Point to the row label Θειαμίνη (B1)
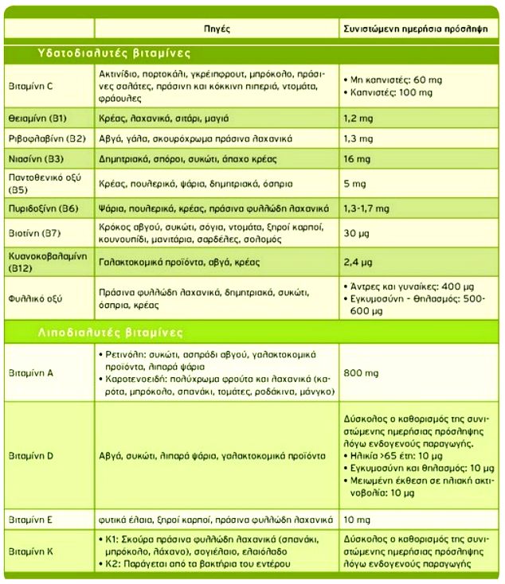point(37,118)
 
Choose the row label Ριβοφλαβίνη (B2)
point(45,138)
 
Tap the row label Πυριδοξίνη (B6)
point(42,208)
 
